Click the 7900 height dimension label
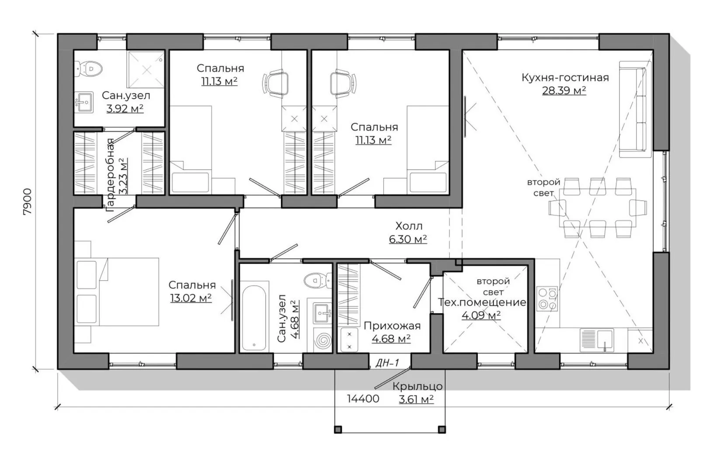click(x=28, y=201)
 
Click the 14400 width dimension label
click(x=363, y=399)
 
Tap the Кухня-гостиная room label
click(x=565, y=77)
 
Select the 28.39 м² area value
click(x=564, y=90)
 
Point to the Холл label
click(x=408, y=226)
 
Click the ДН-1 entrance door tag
click(x=387, y=363)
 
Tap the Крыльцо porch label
click(x=418, y=386)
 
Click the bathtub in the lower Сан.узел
click(x=254, y=318)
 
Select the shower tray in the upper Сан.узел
click(x=146, y=69)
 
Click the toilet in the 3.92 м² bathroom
click(x=89, y=69)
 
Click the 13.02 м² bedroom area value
click(x=191, y=298)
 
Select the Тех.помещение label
click(x=482, y=302)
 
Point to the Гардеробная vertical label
click(x=110, y=175)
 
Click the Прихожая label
click(x=392, y=326)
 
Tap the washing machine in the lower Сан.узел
click(x=322, y=340)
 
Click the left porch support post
click(x=338, y=430)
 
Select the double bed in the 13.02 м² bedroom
click(x=117, y=292)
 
